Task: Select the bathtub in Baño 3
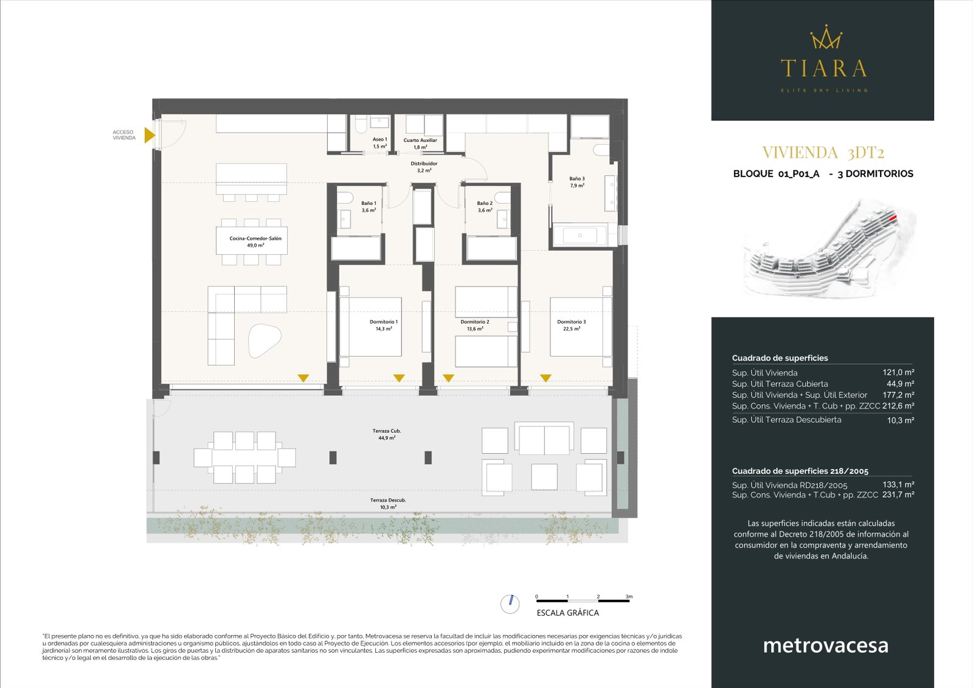click(580, 235)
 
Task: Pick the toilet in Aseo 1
click(360, 126)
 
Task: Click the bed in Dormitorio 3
click(579, 327)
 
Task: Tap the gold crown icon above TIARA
click(825, 38)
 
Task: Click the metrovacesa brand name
click(825, 645)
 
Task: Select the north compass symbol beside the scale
click(510, 603)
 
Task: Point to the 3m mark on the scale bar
click(629, 597)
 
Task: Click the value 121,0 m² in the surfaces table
click(898, 372)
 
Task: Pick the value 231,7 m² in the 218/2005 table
click(898, 495)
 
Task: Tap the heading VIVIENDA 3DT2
click(823, 153)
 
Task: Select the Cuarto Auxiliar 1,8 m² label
click(420, 144)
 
